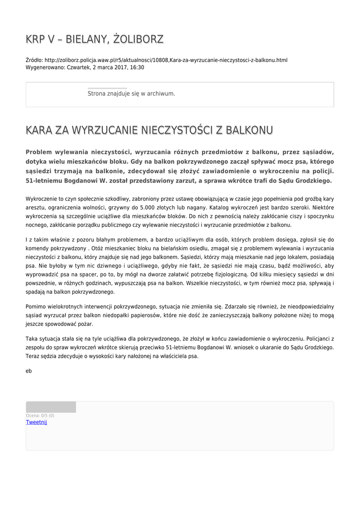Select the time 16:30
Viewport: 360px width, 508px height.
[x=137, y=67]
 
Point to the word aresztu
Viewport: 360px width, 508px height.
[x=35, y=208]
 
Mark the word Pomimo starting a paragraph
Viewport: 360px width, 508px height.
[x=36, y=307]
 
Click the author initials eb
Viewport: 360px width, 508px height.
[x=29, y=370]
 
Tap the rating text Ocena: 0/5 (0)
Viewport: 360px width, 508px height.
[x=40, y=416]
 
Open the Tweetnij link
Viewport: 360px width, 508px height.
[x=36, y=422]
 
